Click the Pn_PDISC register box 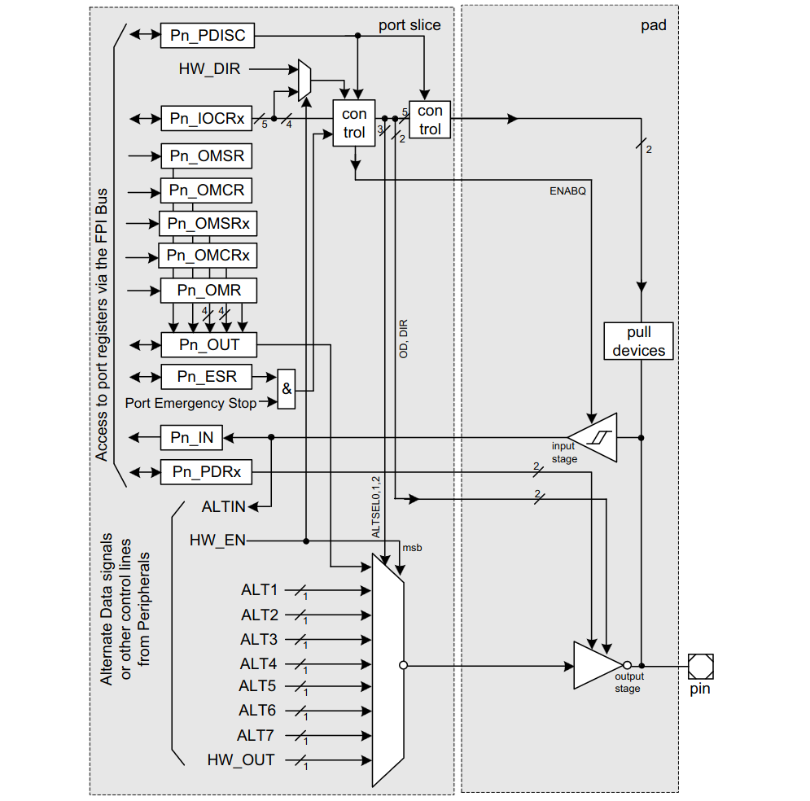click(208, 35)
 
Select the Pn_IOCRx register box click(207, 118)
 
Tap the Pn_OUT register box click(209, 344)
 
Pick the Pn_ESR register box click(207, 376)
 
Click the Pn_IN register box click(191, 438)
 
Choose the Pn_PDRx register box click(206, 472)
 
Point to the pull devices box click(639, 342)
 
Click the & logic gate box click(287, 389)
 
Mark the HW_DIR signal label click(209, 69)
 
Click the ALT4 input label click(258, 664)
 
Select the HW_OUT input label click(241, 760)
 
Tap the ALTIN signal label click(223, 507)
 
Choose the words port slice click(409, 25)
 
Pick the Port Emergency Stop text click(190, 403)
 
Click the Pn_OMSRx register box click(209, 223)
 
